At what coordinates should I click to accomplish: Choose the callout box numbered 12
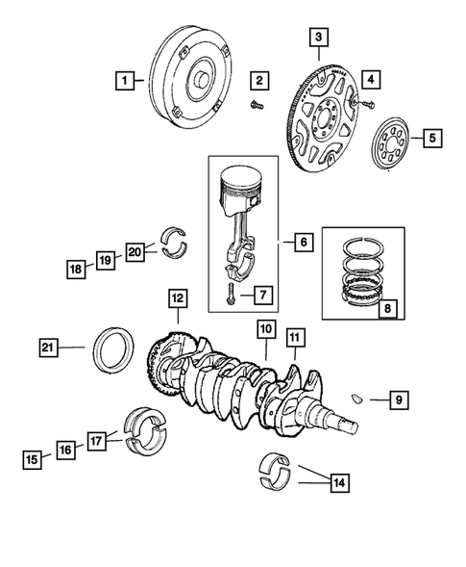tap(177, 299)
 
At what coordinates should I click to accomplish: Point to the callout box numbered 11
tap(294, 338)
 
